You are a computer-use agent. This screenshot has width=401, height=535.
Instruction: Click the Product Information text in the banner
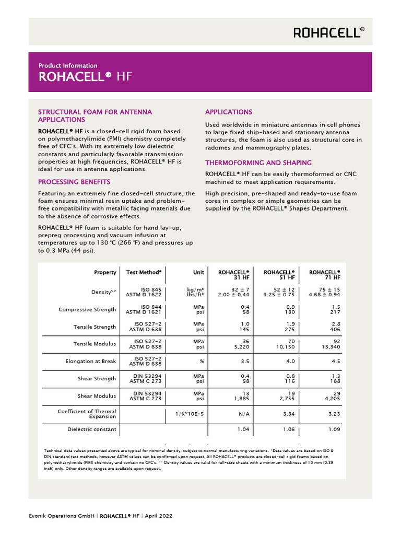pos(68,66)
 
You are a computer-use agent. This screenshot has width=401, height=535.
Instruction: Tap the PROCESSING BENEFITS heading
pos(74,182)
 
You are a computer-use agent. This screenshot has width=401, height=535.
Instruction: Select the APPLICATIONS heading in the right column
pos(229,112)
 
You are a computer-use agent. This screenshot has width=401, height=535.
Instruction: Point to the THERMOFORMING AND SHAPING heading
pos(258,162)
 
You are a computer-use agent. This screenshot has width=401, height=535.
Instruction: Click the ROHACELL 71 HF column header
pos(325,275)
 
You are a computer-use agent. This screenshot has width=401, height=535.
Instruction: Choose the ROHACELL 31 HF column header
pos(233,275)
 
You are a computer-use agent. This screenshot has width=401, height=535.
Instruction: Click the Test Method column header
pos(144,273)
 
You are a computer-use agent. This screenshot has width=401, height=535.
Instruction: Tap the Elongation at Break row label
pos(91,361)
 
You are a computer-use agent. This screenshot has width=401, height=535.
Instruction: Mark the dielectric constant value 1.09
pos(334,430)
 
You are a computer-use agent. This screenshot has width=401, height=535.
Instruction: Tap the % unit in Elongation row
pos(202,361)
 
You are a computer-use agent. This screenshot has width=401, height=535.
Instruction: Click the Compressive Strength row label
pos(87,309)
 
